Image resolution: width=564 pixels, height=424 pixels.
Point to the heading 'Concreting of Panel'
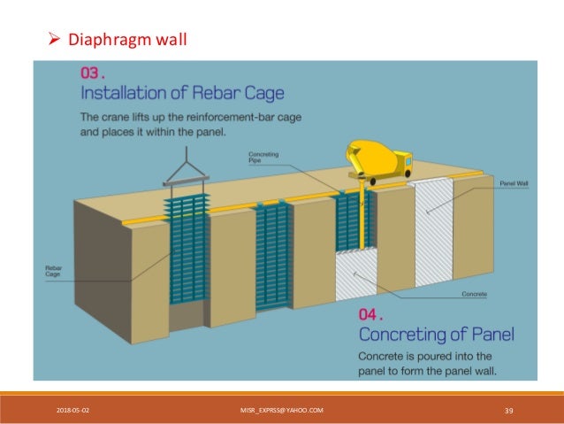coord(436,334)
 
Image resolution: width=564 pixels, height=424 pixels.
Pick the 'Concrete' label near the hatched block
coord(474,293)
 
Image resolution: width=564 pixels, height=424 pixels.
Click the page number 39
coord(508,410)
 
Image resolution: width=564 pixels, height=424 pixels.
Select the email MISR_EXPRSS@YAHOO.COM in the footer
coord(281,410)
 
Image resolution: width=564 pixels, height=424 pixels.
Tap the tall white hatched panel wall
coord(434,230)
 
